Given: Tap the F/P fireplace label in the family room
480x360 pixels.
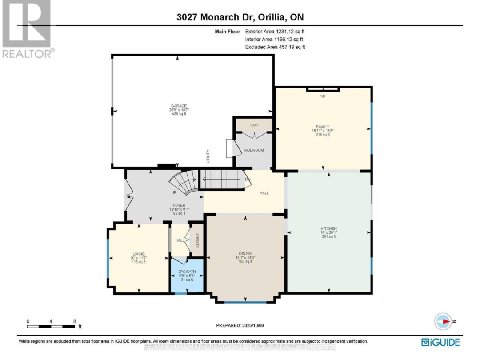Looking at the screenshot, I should click(x=323, y=96).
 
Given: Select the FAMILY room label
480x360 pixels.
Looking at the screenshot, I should click(x=322, y=127).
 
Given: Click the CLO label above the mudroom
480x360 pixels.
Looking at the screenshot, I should click(x=254, y=125).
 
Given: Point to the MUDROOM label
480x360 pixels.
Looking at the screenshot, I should click(x=254, y=150).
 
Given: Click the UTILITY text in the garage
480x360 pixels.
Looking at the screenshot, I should click(x=208, y=156).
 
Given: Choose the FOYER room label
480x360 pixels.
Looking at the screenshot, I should click(x=179, y=205).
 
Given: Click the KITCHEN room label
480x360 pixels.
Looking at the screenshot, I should click(x=329, y=228).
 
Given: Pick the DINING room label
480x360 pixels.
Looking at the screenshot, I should click(x=245, y=253).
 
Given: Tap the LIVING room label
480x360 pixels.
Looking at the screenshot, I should click(x=139, y=254).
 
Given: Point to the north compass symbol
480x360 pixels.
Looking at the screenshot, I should click(x=444, y=321).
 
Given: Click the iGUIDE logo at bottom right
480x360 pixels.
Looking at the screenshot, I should click(x=440, y=342).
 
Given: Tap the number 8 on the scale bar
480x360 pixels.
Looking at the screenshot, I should click(x=74, y=321).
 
